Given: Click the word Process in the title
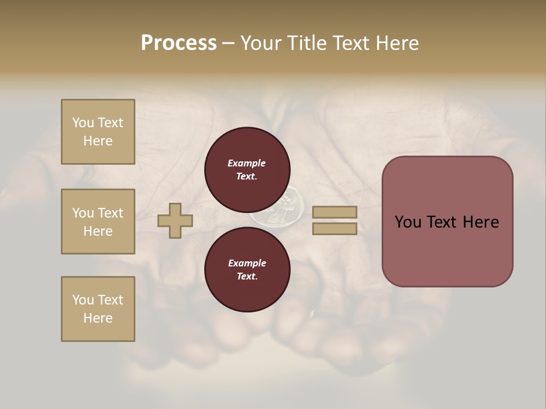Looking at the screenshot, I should point(179,43).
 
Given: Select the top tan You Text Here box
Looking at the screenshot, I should point(98,132).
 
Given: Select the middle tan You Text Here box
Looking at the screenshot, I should point(98,222).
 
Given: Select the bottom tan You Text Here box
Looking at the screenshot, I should point(98,309).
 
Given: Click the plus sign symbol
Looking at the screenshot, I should point(175,220).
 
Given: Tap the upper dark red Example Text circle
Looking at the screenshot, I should point(247,169).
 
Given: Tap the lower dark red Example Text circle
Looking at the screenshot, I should point(247,269).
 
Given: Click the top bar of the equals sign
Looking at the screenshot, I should point(334,212).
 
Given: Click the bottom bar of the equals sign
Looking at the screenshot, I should point(334,228).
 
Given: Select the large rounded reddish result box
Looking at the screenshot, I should point(447,222).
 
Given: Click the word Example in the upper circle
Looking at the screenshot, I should point(247,163).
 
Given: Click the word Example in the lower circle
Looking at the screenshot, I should point(247,263).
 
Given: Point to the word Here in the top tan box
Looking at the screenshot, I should point(98,141).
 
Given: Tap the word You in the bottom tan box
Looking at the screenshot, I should point(83,300).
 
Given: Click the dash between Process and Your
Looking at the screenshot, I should point(228,44).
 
